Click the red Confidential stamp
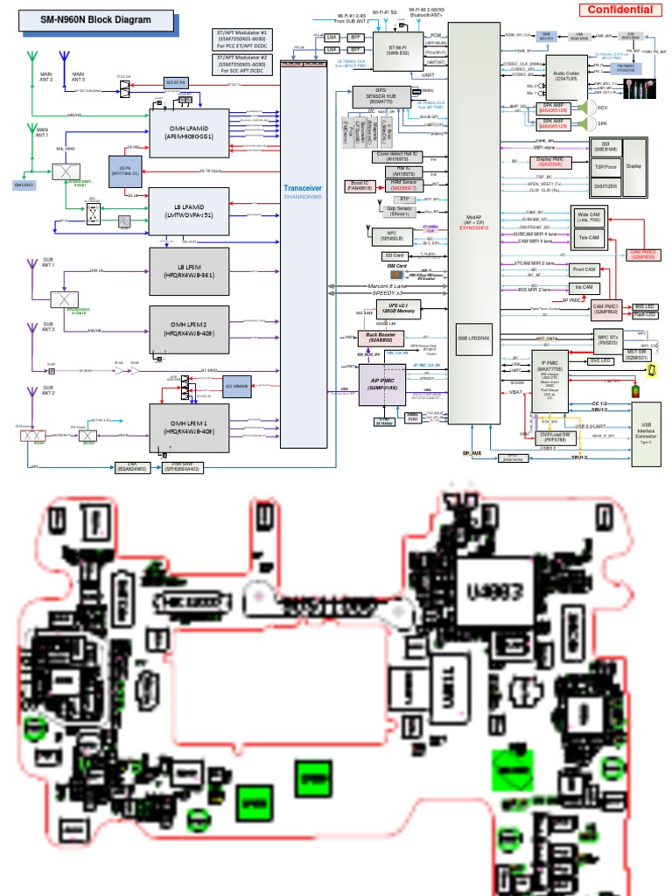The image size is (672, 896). pyautogui.click(x=619, y=10)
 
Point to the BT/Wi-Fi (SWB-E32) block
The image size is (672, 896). pyautogui.click(x=386, y=50)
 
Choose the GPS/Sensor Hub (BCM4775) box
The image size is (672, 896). pyautogui.click(x=377, y=97)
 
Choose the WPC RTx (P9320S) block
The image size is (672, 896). pyautogui.click(x=607, y=338)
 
